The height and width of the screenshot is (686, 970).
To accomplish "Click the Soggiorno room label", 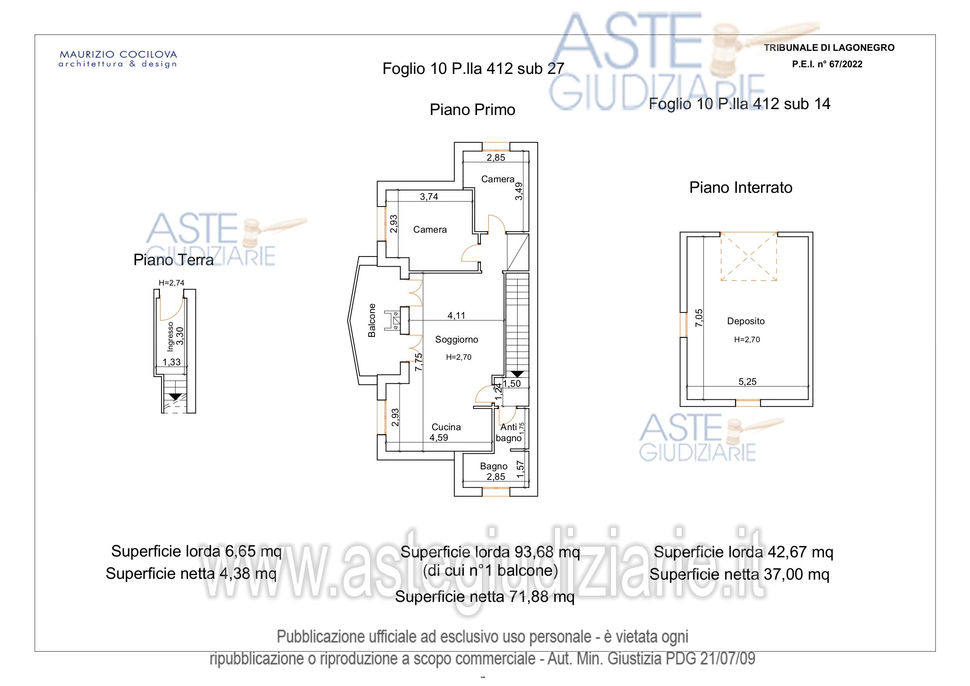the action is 456,339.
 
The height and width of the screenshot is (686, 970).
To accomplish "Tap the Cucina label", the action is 446,427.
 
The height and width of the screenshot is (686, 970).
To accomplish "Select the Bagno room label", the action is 493,466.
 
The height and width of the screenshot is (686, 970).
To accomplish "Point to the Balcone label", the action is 372,320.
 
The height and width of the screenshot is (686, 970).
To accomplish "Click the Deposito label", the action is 746,321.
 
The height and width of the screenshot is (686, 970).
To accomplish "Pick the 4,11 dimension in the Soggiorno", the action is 456,315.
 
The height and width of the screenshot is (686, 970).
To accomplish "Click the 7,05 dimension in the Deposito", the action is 699,318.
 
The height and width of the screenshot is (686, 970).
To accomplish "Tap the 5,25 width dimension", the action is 748,382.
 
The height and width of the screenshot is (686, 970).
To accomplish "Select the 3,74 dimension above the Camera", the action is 429,197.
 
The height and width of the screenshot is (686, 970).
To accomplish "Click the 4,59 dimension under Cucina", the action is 439,438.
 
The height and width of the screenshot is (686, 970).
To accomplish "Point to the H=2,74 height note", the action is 172,283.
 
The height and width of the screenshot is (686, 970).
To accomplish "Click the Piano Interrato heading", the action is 740,187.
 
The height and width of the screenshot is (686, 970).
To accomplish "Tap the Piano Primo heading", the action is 472,110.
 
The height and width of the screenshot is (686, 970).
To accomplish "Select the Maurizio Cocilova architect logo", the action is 118,59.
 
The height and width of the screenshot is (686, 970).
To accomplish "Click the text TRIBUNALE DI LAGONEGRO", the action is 829,48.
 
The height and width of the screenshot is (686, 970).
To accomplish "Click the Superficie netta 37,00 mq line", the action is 739,575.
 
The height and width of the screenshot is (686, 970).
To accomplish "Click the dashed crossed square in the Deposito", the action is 749,257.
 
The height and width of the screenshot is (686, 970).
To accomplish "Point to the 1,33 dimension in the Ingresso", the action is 172,362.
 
